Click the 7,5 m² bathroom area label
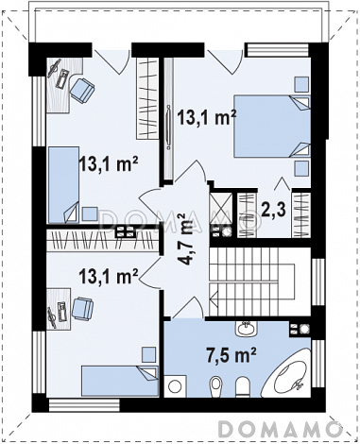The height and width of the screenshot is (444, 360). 231,356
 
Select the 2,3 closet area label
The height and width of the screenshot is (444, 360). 274,210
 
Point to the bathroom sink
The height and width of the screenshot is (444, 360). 246,329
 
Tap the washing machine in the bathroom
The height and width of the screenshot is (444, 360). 175,386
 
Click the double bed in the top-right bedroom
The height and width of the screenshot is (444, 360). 272,127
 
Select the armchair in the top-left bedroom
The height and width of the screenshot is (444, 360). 81,91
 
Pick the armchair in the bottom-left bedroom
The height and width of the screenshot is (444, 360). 82,308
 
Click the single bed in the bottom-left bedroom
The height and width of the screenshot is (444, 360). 119,381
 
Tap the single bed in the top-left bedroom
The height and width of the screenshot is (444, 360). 63,185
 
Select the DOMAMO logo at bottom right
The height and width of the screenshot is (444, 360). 276,428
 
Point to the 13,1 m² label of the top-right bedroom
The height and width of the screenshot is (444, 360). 207,117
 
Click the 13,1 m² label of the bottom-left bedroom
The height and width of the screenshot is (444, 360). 108,277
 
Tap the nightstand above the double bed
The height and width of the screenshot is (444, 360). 301,84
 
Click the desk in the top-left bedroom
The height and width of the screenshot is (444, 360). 64,84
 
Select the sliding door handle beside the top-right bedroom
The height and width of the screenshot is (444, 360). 169,127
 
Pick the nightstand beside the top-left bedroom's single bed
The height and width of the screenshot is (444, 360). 90,214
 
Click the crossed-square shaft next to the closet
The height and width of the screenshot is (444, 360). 221,206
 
